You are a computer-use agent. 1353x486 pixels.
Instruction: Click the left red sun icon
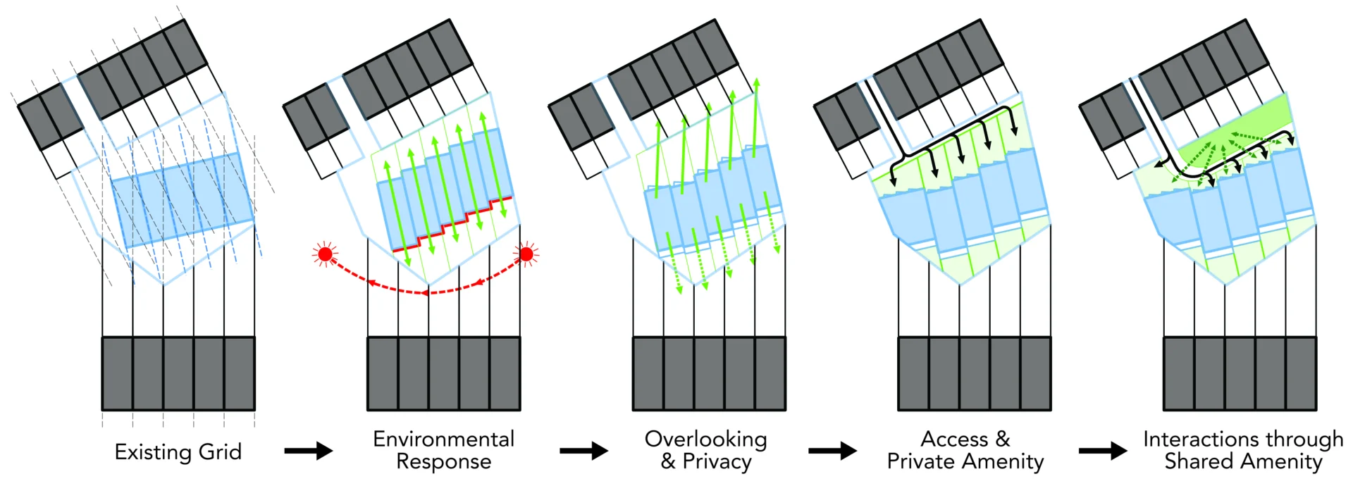(x=325, y=254)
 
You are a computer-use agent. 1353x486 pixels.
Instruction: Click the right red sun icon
(x=526, y=254)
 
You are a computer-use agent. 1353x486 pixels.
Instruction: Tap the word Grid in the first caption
(x=220, y=451)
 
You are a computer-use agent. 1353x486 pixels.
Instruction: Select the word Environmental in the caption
(x=443, y=439)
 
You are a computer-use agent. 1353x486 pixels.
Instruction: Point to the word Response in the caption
(x=443, y=461)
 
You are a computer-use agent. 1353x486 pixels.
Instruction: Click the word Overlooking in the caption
(x=705, y=439)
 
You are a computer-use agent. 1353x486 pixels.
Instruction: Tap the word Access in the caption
(x=954, y=439)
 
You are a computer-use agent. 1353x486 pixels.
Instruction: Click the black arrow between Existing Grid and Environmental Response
(x=309, y=451)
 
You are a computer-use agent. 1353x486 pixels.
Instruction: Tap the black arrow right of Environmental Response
(x=583, y=451)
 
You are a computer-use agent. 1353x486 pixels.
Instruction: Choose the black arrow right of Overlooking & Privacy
(x=832, y=451)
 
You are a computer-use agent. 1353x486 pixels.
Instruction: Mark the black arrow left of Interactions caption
(x=1103, y=451)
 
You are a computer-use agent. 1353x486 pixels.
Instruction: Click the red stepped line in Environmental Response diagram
(x=451, y=225)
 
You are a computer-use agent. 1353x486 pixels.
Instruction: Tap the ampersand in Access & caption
(x=1003, y=439)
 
